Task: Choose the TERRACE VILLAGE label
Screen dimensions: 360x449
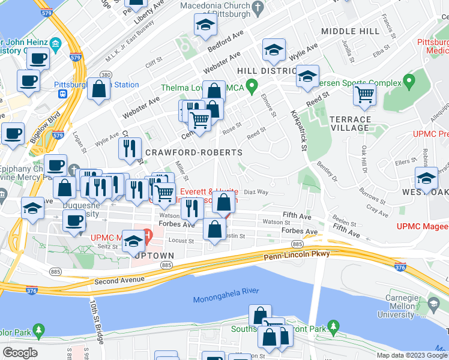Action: tap(350, 124)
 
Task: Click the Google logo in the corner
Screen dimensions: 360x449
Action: tap(20, 353)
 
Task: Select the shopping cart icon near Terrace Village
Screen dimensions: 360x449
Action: tap(364, 95)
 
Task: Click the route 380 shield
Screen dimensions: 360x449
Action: tap(105, 75)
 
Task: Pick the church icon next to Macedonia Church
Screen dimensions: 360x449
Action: tap(258, 8)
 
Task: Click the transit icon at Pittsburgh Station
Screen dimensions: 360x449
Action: tap(61, 94)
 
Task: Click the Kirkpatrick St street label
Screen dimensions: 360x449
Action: tap(299, 130)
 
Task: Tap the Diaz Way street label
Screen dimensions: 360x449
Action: tap(256, 192)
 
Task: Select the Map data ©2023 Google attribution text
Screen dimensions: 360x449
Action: tap(411, 355)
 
